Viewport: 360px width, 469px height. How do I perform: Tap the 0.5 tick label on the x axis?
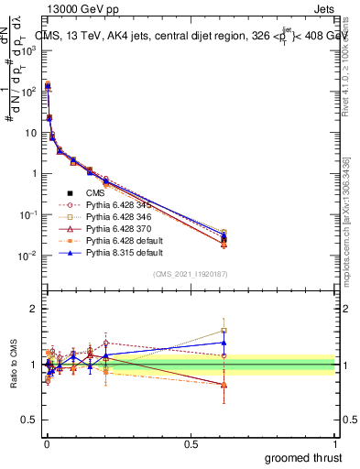pos(191,442)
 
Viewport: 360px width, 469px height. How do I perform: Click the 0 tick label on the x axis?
pos(47,442)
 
